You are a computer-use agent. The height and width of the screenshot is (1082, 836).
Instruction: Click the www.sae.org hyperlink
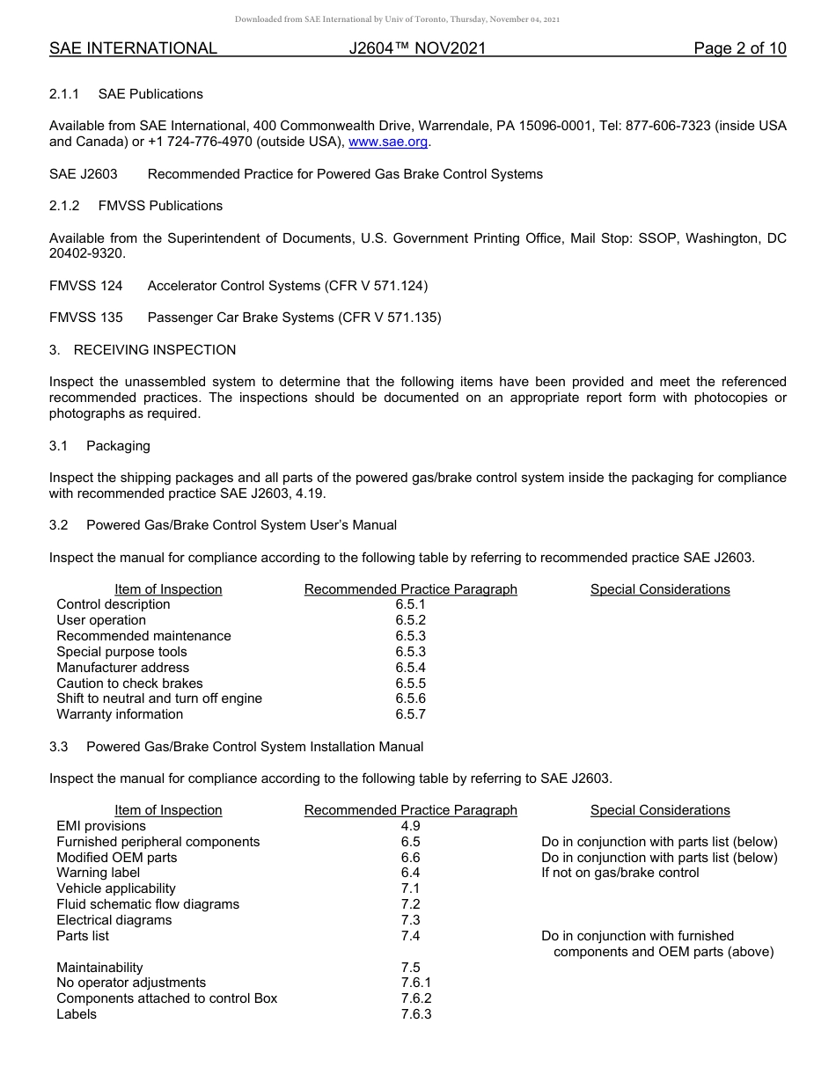pyautogui.click(x=389, y=142)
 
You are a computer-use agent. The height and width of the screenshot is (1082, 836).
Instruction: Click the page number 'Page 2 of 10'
pyautogui.click(x=739, y=48)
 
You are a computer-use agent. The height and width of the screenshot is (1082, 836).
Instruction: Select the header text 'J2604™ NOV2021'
pyautogui.click(x=417, y=48)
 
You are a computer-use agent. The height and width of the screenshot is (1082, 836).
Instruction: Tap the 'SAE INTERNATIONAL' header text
pyautogui.click(x=133, y=48)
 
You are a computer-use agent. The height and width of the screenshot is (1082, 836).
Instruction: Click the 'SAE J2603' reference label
pyautogui.click(x=83, y=174)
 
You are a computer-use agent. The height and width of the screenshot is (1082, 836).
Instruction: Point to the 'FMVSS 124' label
pyautogui.click(x=85, y=286)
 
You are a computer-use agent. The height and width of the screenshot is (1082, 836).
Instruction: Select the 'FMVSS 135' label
pyautogui.click(x=85, y=318)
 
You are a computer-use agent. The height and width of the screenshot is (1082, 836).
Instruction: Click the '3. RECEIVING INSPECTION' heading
pyautogui.click(x=143, y=350)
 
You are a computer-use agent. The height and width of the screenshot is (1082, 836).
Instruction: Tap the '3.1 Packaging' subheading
pyautogui.click(x=99, y=446)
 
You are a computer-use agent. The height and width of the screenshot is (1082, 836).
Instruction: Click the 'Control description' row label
pyautogui.click(x=114, y=604)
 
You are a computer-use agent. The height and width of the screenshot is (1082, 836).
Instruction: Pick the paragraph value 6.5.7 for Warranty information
pyautogui.click(x=410, y=714)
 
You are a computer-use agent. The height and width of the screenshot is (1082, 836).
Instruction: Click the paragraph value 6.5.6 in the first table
pyautogui.click(x=410, y=698)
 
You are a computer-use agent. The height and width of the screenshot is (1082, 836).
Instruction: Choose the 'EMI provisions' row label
pyautogui.click(x=101, y=826)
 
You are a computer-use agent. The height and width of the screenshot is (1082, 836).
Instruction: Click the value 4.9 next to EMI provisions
pyautogui.click(x=410, y=826)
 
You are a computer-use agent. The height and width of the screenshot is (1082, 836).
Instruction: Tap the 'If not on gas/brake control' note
pyautogui.click(x=620, y=873)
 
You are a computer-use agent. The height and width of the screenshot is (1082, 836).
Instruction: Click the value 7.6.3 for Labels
pyautogui.click(x=415, y=1014)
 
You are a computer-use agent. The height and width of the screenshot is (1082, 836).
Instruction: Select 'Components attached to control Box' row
pyautogui.click(x=166, y=998)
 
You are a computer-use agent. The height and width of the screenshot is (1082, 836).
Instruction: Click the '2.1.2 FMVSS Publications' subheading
pyautogui.click(x=136, y=206)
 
